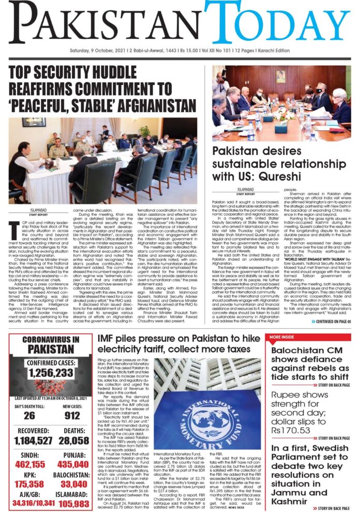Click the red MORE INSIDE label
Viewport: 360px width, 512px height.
tap(282, 337)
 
